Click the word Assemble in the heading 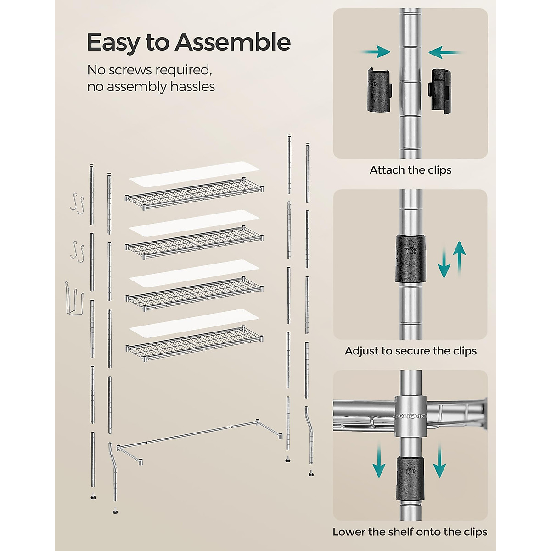(x=232, y=42)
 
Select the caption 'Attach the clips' (x=410, y=170)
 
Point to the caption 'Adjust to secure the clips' (x=410, y=351)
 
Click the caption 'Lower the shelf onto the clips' (x=410, y=532)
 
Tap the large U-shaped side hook (x=74, y=298)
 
